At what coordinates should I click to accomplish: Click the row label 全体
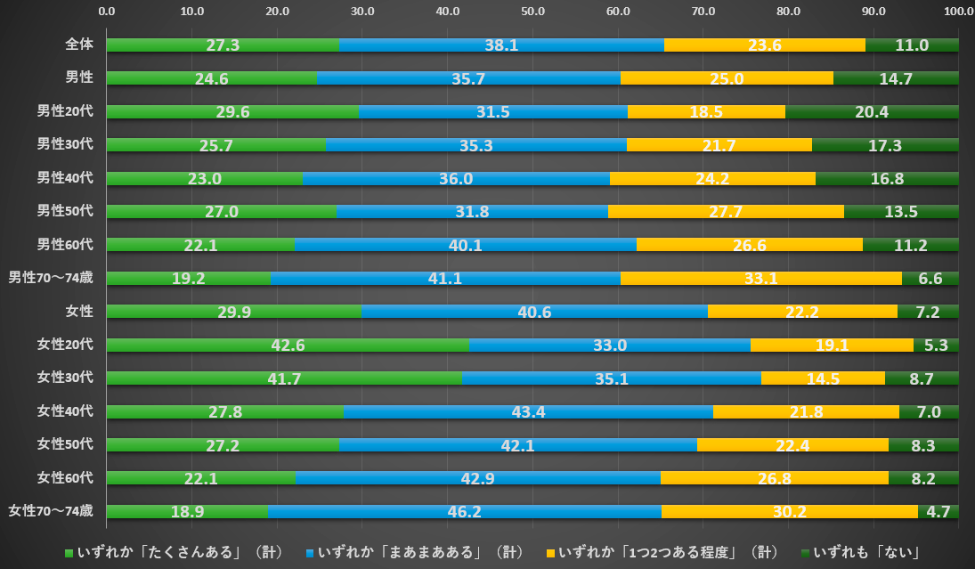79,44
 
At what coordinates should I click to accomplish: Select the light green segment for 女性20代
288,345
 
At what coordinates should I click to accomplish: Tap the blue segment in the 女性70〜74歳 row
464,511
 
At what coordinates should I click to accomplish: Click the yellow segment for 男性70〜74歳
760,278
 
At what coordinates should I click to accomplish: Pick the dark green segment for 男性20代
872,111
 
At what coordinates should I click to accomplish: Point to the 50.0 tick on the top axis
532,12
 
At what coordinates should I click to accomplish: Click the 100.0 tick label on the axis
958,12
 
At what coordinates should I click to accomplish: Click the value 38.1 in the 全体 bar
500,45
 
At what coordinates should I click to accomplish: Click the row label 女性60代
64,478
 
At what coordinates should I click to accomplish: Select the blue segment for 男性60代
466,244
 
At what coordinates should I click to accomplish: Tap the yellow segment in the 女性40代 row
806,411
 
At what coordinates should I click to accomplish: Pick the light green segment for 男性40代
204,178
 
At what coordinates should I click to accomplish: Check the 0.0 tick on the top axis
106,12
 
